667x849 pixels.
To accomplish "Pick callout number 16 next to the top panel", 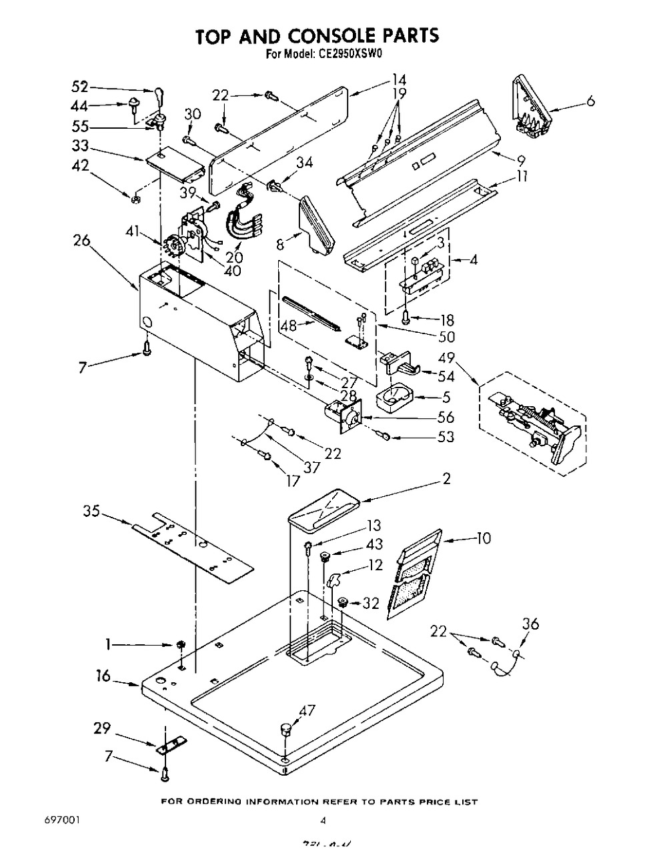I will [103, 676].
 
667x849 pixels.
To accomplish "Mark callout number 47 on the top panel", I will [307, 711].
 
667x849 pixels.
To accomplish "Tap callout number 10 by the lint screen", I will [483, 537].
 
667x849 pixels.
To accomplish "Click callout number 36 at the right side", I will [531, 624].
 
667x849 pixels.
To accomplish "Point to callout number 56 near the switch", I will [445, 417].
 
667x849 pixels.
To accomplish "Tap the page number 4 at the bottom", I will [323, 820].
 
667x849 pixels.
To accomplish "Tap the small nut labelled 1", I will [180, 644].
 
